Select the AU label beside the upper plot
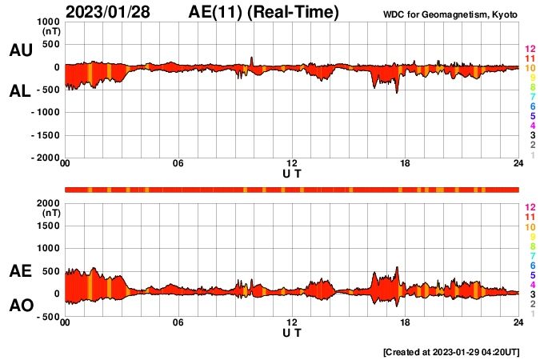[x=20, y=50]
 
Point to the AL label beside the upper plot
[x=20, y=91]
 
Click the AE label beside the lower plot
[x=20, y=272]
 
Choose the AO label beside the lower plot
[x=20, y=306]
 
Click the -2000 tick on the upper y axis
[x=46, y=158]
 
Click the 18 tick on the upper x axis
[x=405, y=164]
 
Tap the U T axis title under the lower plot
[x=292, y=332]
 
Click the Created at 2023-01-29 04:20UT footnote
[x=451, y=352]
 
